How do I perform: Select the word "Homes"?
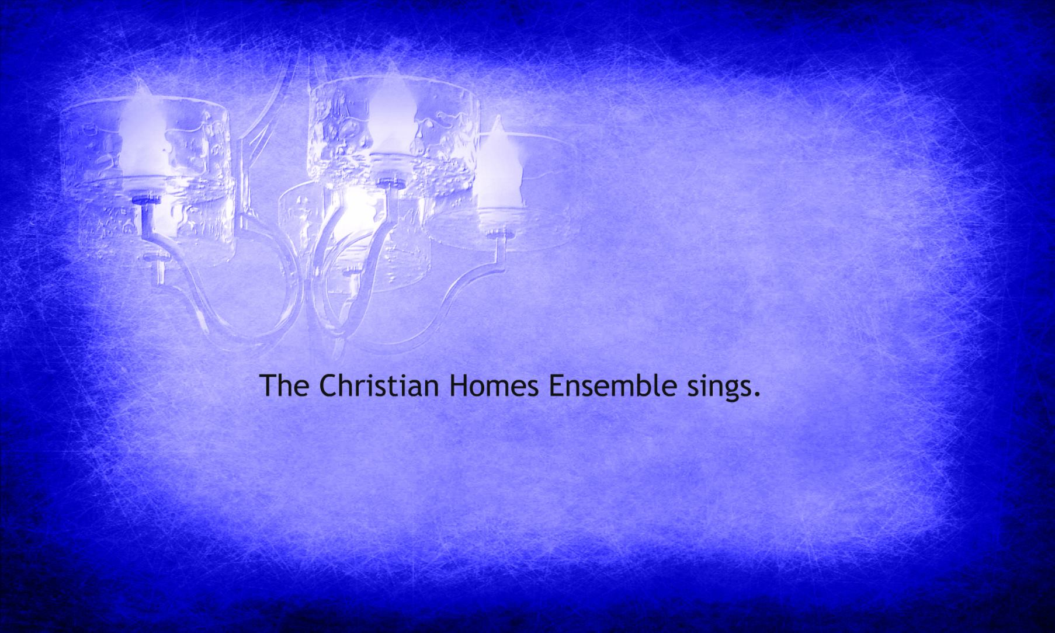494,385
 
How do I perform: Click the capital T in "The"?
269,385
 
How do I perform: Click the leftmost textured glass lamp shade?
149,175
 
